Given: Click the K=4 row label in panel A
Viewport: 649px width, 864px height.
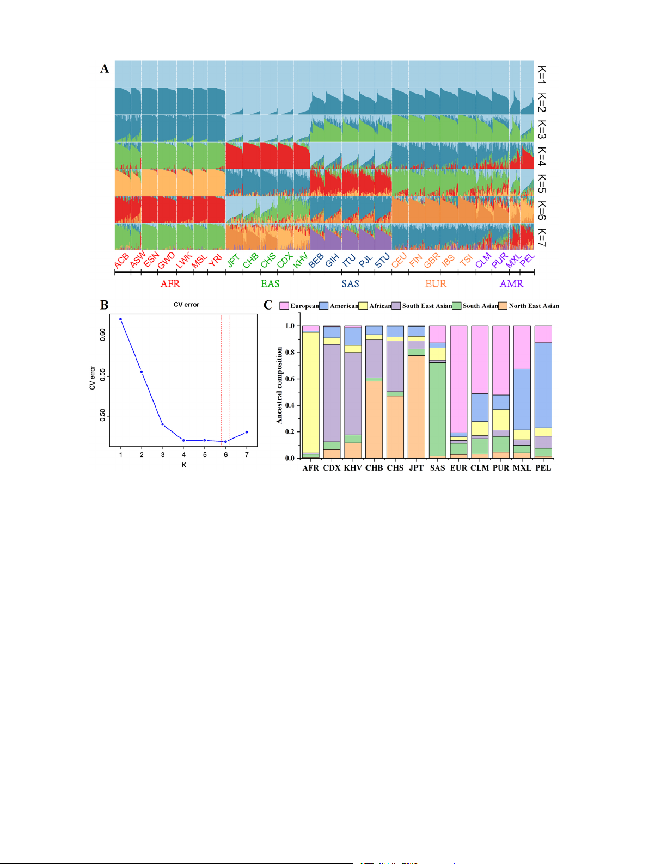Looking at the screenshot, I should (x=541, y=156).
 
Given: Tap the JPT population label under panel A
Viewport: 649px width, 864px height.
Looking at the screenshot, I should (x=233, y=261).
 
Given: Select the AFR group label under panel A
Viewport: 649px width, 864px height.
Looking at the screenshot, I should (x=170, y=283).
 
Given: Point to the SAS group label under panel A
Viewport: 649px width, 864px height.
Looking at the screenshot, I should (x=350, y=283).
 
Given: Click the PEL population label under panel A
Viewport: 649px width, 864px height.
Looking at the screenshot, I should (x=527, y=260).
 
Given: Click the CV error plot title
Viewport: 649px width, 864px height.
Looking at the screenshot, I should (x=186, y=305).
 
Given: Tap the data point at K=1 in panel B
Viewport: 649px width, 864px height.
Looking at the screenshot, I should (x=120, y=319).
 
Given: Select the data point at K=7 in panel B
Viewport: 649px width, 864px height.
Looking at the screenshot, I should (x=247, y=432).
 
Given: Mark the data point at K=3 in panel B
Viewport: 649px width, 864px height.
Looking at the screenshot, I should (x=162, y=424).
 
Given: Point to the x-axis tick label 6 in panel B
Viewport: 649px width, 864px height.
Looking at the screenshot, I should (x=226, y=455).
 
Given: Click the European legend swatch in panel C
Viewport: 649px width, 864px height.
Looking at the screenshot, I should (x=284, y=306).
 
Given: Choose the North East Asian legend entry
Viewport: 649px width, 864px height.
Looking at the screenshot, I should (x=533, y=306).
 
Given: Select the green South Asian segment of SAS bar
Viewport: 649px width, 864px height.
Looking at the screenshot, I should (x=437, y=408).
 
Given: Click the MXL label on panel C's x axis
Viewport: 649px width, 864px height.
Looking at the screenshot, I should (x=522, y=468).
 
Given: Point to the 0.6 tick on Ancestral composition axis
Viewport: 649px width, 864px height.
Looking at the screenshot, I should (x=290, y=379).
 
